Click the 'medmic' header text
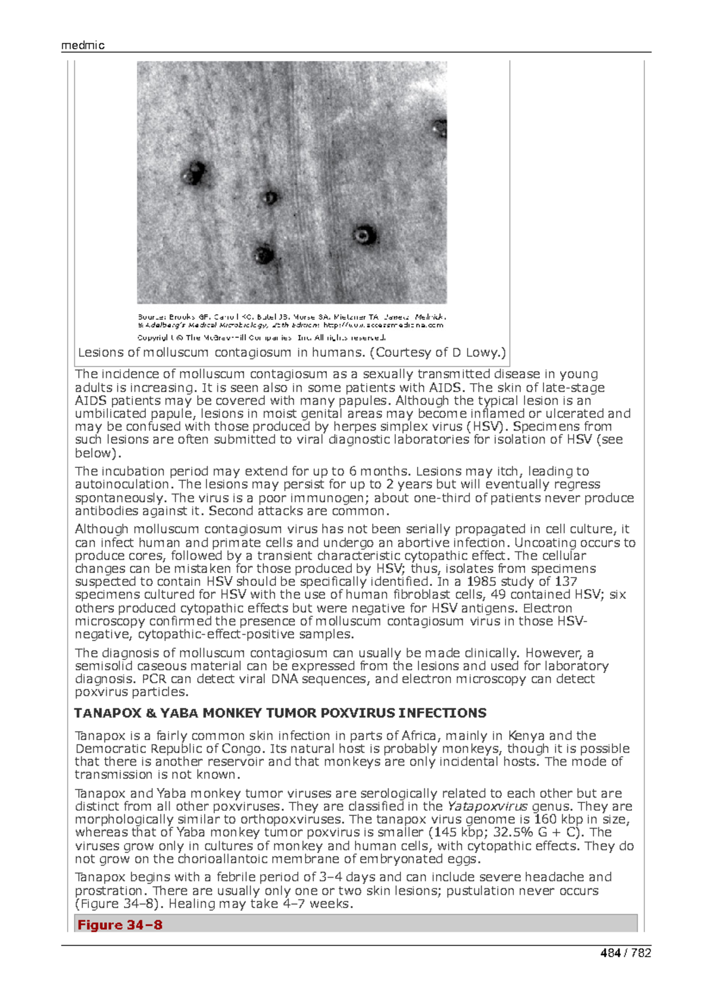tap(82, 46)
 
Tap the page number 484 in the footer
tap(610, 952)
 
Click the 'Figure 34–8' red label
tap(120, 925)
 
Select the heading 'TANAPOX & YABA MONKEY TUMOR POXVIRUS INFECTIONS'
tap(280, 713)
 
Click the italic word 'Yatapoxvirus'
tap(487, 806)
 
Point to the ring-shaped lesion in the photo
tap(363, 235)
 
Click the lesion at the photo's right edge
tap(440, 128)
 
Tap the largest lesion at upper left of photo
tap(194, 173)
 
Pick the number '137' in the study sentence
tap(565, 581)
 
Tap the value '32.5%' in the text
tap(515, 832)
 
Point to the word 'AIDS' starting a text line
tap(90, 401)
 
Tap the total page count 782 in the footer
tap(641, 952)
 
